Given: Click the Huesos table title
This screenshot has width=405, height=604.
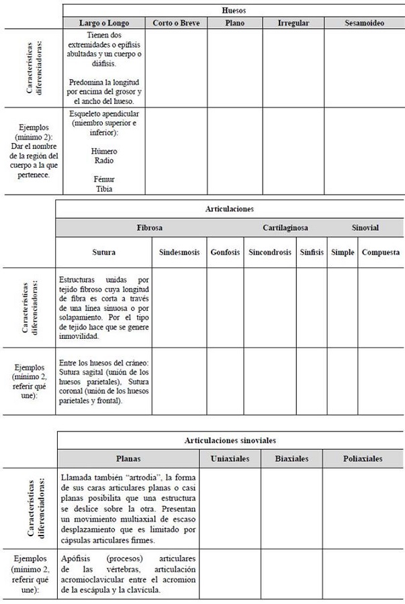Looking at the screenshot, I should pos(234,11).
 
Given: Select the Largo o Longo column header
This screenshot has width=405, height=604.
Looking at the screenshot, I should pos(104,23).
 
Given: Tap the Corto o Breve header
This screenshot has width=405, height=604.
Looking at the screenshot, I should pos(176,23).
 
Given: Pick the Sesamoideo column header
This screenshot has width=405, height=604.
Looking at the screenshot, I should pos(364,23).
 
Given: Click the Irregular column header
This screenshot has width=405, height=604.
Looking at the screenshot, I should pos(294,23).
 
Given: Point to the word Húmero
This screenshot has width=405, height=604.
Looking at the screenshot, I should pos(104,152).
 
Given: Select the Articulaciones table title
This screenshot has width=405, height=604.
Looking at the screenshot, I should pos(230,209).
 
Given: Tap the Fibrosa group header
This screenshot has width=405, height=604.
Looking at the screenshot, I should pos(149,228).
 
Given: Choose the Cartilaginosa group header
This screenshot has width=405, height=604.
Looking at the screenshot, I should pos(285,228).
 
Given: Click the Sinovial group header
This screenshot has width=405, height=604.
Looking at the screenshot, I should pos(365,228).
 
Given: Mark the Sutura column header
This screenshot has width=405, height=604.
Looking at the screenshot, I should pos(104,253).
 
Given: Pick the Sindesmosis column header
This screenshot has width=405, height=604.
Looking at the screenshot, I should pos(179,253).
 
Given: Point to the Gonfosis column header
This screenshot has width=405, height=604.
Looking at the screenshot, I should pos(225,253).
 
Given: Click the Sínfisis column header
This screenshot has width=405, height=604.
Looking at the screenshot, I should pos(311,253).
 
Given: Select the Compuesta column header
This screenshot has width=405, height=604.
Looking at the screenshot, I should pos(381,253).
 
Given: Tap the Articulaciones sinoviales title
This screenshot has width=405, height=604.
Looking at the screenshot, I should pos(230,440).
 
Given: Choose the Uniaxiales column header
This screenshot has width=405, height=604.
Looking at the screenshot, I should pos(230,459).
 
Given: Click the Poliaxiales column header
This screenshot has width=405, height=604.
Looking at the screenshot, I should pos(363,459).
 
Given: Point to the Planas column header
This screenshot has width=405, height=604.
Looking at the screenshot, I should pos(128,459).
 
